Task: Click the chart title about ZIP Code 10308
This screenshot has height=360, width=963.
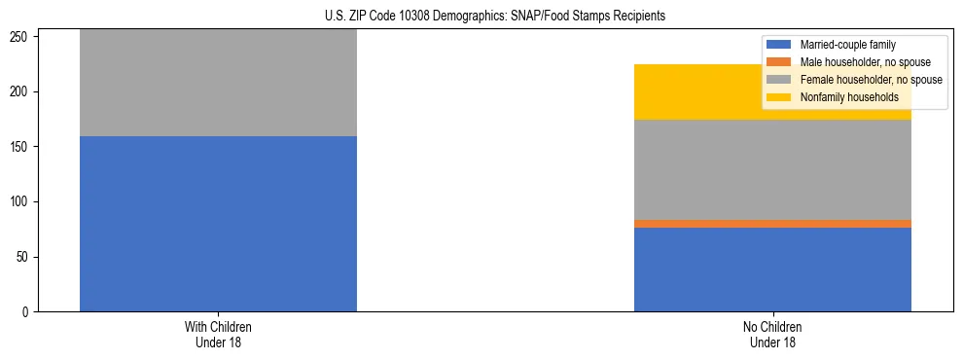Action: coord(495,17)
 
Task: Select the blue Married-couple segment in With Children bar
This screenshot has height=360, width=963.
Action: coord(218,224)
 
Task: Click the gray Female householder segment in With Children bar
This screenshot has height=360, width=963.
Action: coord(218,83)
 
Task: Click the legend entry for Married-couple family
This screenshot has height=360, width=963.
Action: coord(847,45)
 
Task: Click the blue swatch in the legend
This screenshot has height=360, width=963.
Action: coord(779,45)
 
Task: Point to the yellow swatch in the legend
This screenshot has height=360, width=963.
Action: coord(779,97)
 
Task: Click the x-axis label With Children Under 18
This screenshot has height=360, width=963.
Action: coord(218,335)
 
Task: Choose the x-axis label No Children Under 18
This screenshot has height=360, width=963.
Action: coord(772,335)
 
